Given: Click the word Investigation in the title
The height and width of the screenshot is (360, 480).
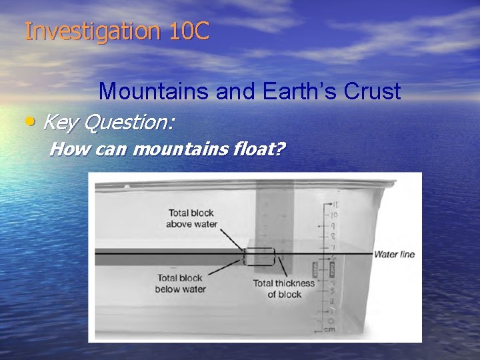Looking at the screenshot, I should [x=94, y=32].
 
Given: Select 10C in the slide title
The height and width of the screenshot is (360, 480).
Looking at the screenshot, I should [x=189, y=32].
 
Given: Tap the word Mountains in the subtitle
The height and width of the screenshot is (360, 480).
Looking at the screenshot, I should [x=155, y=91].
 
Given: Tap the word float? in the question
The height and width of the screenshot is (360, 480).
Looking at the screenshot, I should [x=257, y=148].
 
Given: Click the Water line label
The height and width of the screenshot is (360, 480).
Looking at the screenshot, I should [x=394, y=254].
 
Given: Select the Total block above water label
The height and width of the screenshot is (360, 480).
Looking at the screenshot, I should [x=191, y=219].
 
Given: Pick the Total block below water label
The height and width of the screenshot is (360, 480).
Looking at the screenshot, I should [x=181, y=283].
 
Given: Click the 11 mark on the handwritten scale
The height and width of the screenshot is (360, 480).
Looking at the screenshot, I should [x=335, y=205].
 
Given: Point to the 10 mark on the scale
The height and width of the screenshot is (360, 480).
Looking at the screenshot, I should [x=335, y=215].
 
